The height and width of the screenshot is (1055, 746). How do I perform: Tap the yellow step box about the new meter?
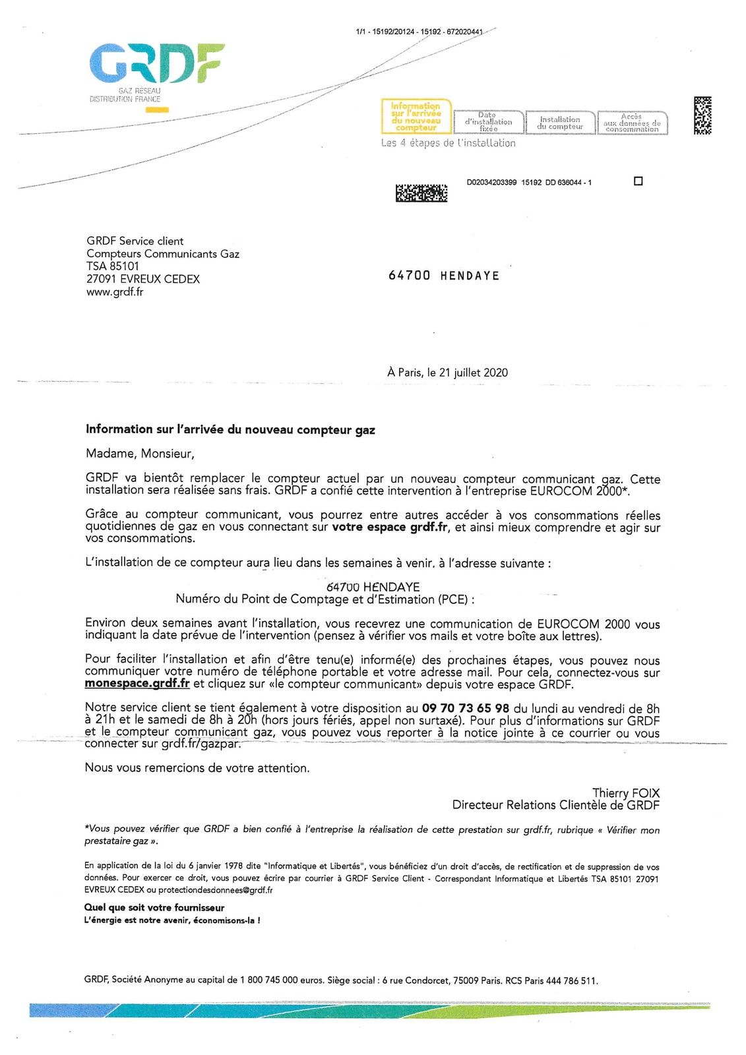pos(416,117)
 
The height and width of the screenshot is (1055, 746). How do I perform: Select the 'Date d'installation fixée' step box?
pos(489,122)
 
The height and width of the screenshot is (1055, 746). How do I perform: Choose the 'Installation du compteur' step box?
pos(560,123)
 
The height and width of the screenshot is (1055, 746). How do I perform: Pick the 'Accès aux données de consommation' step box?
pos(632,123)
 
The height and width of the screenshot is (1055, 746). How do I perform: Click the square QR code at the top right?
pos(702,115)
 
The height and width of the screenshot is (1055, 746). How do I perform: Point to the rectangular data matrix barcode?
pos(421,193)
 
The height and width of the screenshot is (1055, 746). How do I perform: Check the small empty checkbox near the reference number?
pos(638,181)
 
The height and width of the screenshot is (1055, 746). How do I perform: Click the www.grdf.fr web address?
pos(115,291)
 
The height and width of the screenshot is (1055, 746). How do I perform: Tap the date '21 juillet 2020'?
pos(473,373)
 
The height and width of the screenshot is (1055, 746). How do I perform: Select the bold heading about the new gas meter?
pos(230,430)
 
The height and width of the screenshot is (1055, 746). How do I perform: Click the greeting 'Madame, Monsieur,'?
pos(140,454)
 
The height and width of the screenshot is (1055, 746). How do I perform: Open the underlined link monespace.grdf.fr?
pos(137,684)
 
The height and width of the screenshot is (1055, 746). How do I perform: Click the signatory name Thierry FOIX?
pos(625,793)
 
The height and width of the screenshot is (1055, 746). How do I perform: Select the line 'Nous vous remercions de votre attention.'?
pos(197,768)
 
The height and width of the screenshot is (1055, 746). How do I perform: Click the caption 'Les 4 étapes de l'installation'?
pos(449,143)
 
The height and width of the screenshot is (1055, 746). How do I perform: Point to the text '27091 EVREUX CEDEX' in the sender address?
pos(143,279)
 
